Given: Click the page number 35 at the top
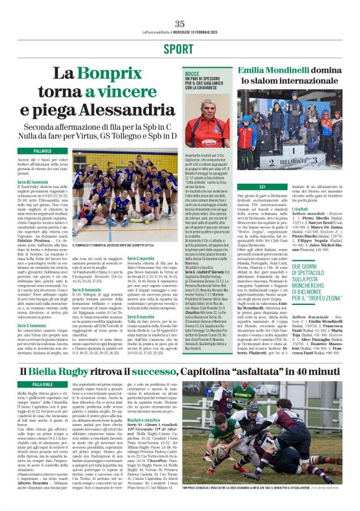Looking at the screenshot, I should pos(179,24).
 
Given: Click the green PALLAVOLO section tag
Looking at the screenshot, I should pos(43,151).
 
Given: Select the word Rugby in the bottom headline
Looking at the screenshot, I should pos(103,371).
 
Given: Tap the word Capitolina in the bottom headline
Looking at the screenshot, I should pos(236,371).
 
